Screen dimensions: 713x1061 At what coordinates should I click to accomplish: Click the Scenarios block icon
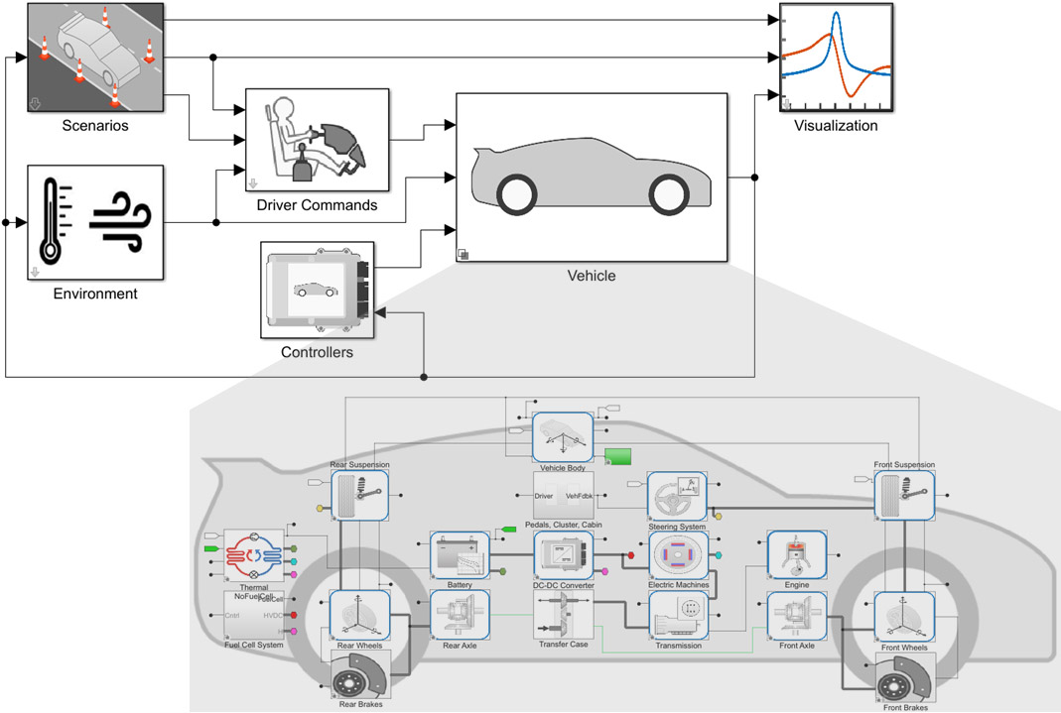click(94, 58)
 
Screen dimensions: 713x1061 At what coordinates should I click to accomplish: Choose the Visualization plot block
click(835, 58)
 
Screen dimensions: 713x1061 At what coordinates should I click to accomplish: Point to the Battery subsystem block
click(460, 554)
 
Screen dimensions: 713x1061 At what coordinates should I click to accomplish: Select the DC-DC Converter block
click(563, 554)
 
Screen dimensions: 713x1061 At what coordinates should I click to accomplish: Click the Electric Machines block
click(678, 554)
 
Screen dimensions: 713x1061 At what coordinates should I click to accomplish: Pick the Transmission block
click(678, 615)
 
